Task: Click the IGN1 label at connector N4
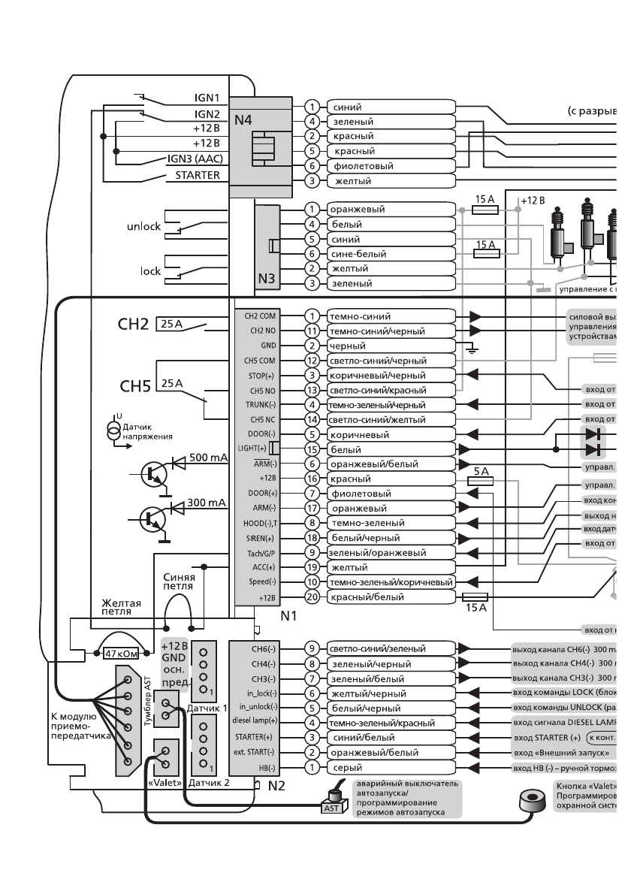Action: pyautogui.click(x=206, y=98)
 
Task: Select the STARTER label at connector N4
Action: pyautogui.click(x=198, y=175)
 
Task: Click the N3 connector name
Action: pyautogui.click(x=267, y=279)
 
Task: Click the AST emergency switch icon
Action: pyautogui.click(x=331, y=805)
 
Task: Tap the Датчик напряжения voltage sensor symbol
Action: pyautogui.click(x=113, y=430)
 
